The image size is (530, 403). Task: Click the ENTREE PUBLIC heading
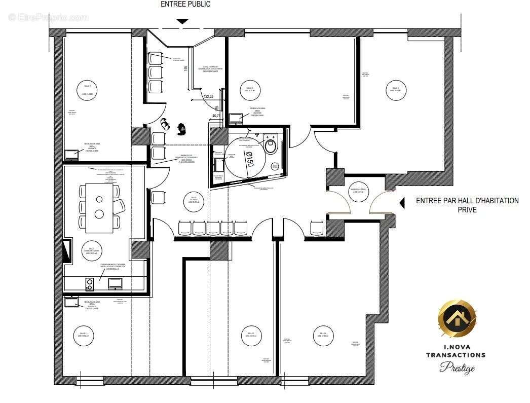point(185,4)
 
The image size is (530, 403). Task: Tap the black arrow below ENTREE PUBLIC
point(182,22)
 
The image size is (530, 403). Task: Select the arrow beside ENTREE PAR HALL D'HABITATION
point(402,203)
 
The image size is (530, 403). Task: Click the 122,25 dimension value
point(208,96)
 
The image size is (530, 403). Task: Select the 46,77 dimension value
point(216,116)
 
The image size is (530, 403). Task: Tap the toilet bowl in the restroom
point(271,146)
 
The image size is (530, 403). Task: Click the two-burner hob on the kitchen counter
point(90,284)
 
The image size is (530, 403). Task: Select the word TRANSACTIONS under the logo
point(456,355)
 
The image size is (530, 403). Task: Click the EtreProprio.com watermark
point(49,18)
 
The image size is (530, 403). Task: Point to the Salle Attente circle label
point(194,199)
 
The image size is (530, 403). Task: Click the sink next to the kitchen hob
point(115,283)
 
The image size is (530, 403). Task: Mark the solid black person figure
point(181,128)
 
